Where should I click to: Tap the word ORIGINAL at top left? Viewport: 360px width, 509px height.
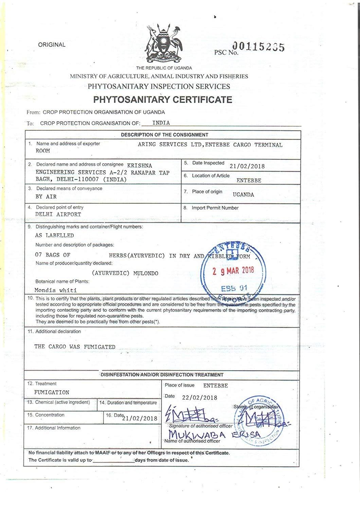click(52, 45)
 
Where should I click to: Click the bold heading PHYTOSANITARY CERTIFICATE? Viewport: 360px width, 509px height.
click(163, 100)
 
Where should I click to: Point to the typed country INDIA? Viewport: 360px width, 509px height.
click(161, 123)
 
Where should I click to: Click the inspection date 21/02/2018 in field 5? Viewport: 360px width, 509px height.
click(247, 166)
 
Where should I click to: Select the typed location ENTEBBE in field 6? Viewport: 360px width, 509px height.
click(249, 181)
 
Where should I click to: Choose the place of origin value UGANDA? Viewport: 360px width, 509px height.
click(243, 195)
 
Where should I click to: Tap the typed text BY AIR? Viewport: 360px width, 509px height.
click(46, 197)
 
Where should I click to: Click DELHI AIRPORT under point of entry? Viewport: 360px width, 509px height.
click(58, 214)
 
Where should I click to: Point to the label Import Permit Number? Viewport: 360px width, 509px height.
click(215, 208)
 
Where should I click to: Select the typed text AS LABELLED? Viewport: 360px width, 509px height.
click(54, 235)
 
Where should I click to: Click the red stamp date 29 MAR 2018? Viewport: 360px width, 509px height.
click(233, 271)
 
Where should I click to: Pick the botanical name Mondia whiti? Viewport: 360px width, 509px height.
click(56, 290)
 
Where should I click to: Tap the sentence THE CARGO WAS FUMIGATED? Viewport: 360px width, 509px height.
click(75, 347)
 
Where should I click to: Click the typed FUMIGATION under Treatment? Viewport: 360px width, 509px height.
click(52, 392)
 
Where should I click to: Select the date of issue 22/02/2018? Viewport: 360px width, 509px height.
click(199, 398)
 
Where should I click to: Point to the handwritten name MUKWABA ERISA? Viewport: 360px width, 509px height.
click(215, 435)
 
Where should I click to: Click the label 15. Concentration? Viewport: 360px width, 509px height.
click(46, 415)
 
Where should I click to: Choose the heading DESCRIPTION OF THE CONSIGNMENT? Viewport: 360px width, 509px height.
click(164, 135)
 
